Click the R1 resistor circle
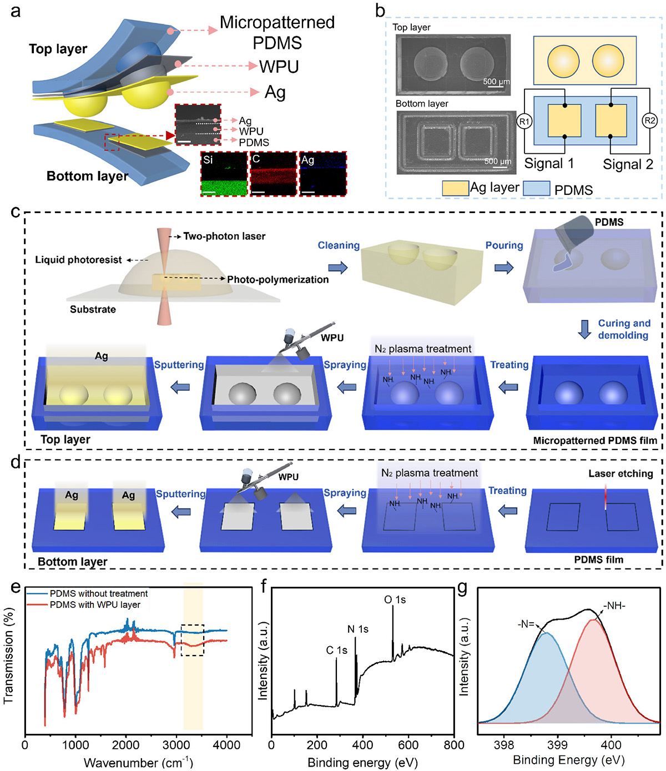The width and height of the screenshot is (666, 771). [x=524, y=121]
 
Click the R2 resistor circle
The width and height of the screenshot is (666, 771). [x=649, y=120]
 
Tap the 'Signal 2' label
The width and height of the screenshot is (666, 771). [x=628, y=164]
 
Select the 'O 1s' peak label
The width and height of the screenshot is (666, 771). [x=395, y=599]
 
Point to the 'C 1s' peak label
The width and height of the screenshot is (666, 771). [x=336, y=650]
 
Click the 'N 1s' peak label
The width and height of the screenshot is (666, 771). [x=358, y=629]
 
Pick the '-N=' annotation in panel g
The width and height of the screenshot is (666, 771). [x=526, y=624]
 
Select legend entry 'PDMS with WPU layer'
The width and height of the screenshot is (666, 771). [x=95, y=604]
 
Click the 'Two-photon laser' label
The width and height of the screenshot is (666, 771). [x=224, y=236]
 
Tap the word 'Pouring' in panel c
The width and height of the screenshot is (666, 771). [x=504, y=245]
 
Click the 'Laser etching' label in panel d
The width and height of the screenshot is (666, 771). [x=620, y=473]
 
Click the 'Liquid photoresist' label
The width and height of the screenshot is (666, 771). [x=78, y=260]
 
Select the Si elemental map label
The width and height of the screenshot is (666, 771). [x=208, y=160]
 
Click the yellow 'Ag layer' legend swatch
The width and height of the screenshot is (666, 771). [x=455, y=188]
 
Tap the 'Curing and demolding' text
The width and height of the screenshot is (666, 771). [x=623, y=329]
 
